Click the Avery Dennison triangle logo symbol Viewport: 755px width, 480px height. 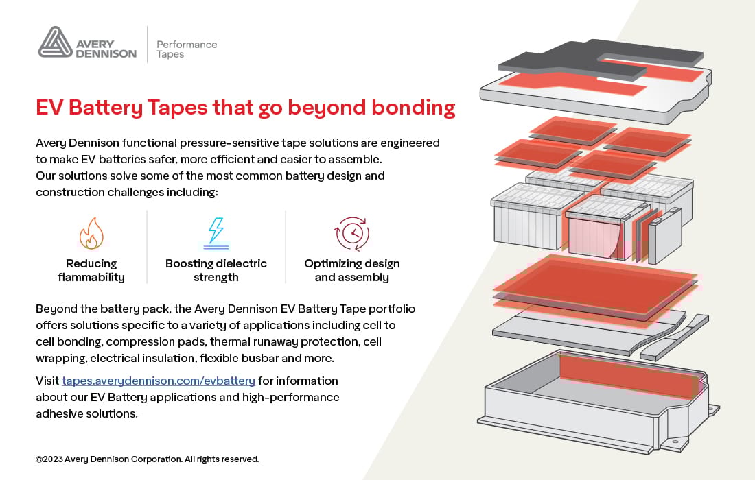[56, 43]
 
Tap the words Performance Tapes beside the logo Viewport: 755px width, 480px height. [187, 49]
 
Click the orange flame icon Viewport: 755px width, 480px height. [91, 233]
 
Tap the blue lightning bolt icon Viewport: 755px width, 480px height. [216, 233]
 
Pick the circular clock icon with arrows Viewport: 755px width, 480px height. [352, 234]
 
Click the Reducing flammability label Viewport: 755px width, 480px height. [91, 270]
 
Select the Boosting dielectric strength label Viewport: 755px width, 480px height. [216, 270]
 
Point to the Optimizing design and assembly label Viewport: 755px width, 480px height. [352, 270]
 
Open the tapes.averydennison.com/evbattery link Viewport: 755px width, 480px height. [159, 381]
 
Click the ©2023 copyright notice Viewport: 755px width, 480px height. [148, 459]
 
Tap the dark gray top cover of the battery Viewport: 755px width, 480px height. [600, 60]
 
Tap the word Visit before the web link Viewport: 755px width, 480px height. [47, 381]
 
